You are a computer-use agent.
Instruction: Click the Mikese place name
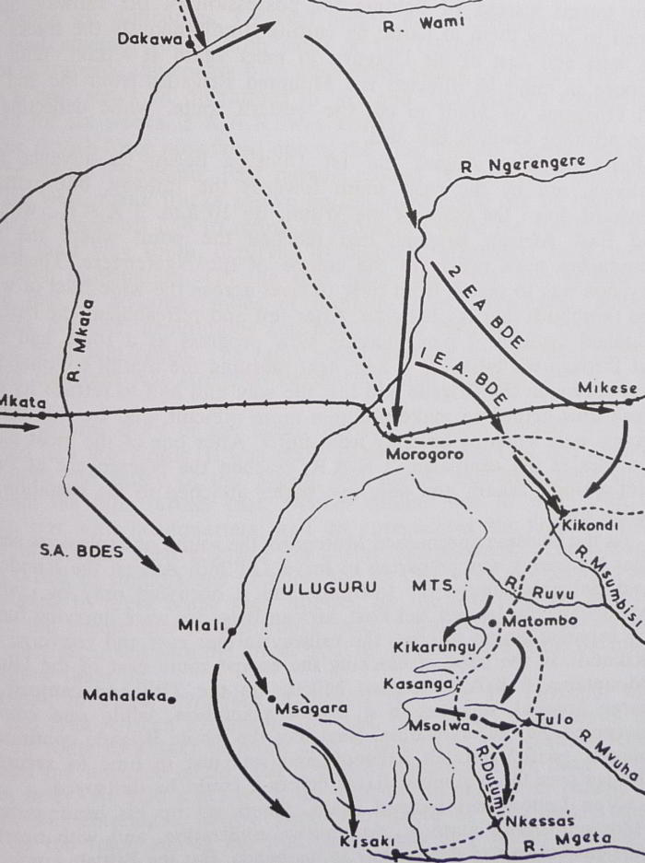click(x=601, y=388)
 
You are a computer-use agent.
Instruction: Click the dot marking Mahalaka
click(x=172, y=698)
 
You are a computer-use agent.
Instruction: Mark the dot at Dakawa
click(x=190, y=42)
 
